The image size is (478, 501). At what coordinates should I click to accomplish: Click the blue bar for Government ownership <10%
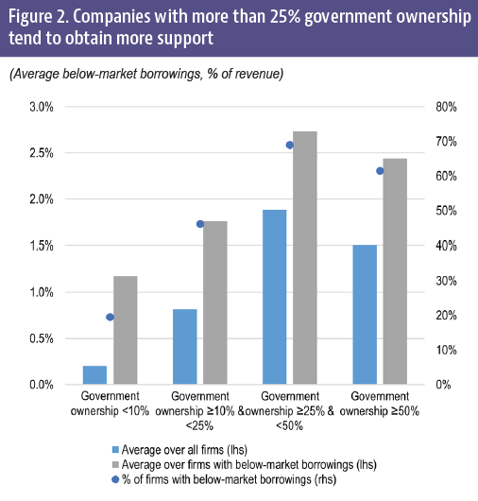[x=94, y=375]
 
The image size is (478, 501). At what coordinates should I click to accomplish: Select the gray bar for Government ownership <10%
[x=125, y=330]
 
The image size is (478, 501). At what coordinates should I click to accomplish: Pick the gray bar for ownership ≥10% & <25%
[x=215, y=302]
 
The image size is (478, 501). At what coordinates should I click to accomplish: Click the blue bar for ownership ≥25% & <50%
[x=275, y=297]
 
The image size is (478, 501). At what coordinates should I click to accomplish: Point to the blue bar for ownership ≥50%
[x=366, y=315]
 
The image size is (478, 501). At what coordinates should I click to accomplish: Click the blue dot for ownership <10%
[x=110, y=317]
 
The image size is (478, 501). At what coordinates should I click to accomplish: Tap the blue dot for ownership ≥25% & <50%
[x=290, y=145]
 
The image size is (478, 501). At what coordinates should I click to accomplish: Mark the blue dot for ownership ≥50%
[x=381, y=171]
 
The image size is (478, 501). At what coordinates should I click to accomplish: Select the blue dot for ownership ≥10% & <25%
[x=200, y=224]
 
